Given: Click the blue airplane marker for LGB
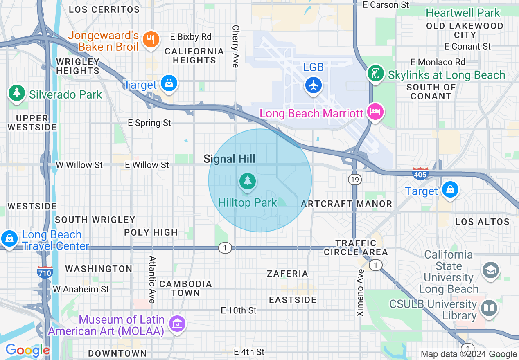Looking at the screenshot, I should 314,85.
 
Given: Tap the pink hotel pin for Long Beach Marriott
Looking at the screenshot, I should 375,112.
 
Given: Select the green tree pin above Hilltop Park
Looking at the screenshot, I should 247,181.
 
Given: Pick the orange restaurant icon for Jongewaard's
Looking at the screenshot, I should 151,39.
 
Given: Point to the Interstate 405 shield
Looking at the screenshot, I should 420,174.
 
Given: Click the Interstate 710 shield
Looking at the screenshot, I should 45,272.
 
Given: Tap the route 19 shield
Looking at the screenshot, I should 354,179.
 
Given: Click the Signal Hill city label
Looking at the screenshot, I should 229,159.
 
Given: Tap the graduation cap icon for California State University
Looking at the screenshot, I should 490,270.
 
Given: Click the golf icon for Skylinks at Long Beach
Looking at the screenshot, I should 376,74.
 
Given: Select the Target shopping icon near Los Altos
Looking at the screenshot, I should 450,189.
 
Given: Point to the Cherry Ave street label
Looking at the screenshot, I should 235,46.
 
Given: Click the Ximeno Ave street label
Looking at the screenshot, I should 360,292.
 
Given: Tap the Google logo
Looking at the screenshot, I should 27,350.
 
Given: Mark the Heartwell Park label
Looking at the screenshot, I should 463,13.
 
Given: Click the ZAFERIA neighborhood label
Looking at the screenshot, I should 287,274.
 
